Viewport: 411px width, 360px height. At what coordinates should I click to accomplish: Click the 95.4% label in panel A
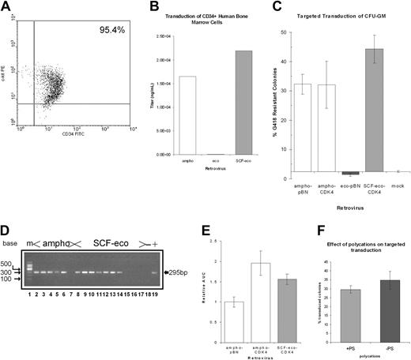click(109, 31)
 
